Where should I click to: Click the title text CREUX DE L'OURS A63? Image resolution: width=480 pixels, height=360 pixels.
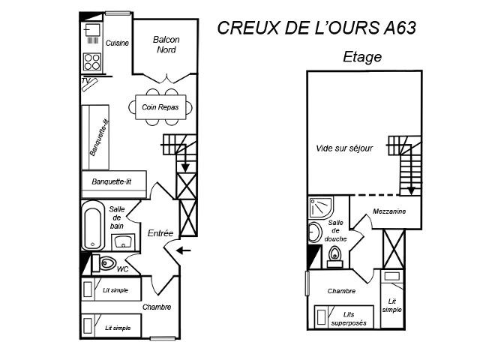316,28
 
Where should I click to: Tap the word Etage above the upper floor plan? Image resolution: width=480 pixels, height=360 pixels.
362,57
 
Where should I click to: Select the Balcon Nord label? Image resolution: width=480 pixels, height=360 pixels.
166,45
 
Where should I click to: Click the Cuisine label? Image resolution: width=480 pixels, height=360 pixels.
117,43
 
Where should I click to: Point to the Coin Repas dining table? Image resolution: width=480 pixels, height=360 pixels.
160,107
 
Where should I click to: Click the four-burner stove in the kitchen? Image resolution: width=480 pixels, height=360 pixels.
92,61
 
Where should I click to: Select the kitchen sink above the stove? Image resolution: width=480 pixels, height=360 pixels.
92,31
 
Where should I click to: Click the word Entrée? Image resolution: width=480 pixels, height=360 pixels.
160,233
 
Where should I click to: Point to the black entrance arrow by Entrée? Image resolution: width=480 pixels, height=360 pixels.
185,250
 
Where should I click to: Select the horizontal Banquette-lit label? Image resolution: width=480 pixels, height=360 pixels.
111,181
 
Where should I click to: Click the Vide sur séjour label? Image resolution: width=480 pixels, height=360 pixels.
343,148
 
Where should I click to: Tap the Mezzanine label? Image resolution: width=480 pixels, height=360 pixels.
389,211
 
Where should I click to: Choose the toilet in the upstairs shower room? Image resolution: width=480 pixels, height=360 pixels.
334,256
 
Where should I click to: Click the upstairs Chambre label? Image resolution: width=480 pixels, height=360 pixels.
341,291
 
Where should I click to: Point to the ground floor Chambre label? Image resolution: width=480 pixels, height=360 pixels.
156,307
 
